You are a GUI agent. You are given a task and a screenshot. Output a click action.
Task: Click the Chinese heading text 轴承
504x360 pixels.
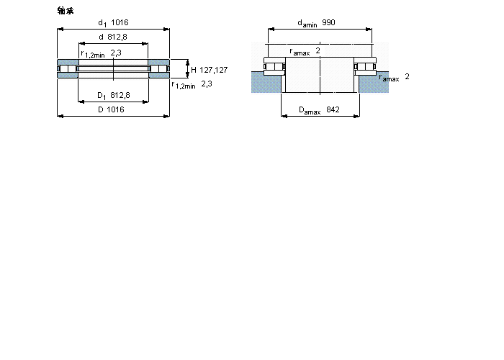point(66,11)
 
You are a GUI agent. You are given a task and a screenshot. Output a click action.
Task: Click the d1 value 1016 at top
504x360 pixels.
point(120,22)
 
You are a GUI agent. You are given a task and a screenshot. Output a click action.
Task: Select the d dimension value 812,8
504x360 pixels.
point(117,37)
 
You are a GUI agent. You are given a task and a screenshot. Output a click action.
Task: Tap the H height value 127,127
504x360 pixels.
point(213,70)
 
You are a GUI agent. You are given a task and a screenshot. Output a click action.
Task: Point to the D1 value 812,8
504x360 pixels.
point(120,95)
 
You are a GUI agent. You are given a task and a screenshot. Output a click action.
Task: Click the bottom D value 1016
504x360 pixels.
point(115,109)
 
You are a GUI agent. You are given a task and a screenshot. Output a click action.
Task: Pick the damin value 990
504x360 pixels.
point(328,22)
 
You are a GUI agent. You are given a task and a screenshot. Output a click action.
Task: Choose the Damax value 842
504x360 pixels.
point(333,109)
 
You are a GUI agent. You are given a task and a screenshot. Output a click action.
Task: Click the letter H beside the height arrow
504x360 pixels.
point(194,70)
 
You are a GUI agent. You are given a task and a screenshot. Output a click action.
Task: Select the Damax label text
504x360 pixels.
point(310,110)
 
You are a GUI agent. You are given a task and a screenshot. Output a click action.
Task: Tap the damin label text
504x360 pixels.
point(307,23)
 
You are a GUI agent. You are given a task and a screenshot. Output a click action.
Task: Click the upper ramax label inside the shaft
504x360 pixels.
point(300,51)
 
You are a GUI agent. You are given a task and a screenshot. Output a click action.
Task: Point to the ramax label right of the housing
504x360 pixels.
point(390,78)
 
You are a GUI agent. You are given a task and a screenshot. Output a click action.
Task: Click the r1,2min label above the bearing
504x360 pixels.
point(93,54)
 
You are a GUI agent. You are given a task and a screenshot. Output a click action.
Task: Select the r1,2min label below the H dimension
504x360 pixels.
point(184,85)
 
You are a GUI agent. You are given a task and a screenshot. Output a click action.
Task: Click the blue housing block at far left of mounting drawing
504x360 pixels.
point(266,82)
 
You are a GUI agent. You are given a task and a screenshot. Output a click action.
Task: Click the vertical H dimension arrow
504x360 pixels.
point(188,69)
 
